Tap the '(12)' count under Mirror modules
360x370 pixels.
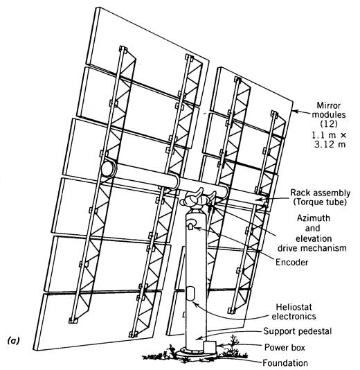pyautogui.click(x=329, y=123)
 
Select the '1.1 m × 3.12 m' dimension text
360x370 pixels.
pyautogui.click(x=330, y=140)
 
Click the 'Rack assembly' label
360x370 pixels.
pyautogui.click(x=320, y=193)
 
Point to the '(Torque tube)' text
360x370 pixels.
pyautogui.click(x=320, y=202)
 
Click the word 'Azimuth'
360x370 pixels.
pyautogui.click(x=314, y=218)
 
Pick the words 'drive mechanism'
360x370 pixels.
pyautogui.click(x=312, y=248)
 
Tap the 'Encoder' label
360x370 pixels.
pyautogui.click(x=291, y=262)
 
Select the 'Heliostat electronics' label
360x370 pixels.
pyautogui.click(x=294, y=312)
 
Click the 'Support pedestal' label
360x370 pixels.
pyautogui.click(x=297, y=331)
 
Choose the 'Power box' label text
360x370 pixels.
pyautogui.click(x=285, y=347)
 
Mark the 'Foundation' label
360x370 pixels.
pyautogui.click(x=285, y=362)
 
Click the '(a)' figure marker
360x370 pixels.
pyautogui.click(x=14, y=340)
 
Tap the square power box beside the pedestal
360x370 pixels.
pyautogui.click(x=210, y=346)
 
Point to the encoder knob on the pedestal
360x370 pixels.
pyautogui.click(x=191, y=223)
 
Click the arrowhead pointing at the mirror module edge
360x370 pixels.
pyautogui.click(x=296, y=111)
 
